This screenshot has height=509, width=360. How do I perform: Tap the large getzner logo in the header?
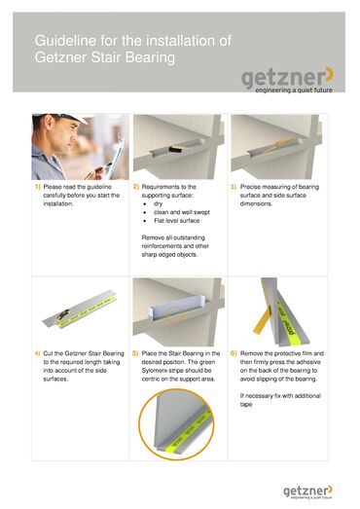[x=287, y=80]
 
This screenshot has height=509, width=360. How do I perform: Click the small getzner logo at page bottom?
[x=307, y=492]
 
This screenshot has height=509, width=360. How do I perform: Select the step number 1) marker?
[x=38, y=187]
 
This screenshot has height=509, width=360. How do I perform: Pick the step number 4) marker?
[x=38, y=353]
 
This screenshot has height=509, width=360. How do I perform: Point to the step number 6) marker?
[x=234, y=353]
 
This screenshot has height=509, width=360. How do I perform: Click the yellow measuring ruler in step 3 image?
[x=277, y=145]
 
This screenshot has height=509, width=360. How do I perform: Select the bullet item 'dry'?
[x=158, y=203]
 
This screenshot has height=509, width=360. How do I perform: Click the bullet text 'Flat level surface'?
[x=176, y=221]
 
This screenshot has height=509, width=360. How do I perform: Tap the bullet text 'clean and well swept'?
[x=182, y=212]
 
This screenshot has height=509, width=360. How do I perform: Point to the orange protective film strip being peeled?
[x=263, y=320]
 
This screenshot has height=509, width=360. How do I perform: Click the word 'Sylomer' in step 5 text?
[x=154, y=371]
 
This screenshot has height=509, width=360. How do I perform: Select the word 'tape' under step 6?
[x=246, y=405]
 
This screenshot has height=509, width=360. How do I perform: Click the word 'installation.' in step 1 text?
[x=58, y=203]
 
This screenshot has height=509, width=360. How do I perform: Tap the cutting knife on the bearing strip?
[x=62, y=314]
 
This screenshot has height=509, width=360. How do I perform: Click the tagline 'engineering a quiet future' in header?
[x=294, y=90]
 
